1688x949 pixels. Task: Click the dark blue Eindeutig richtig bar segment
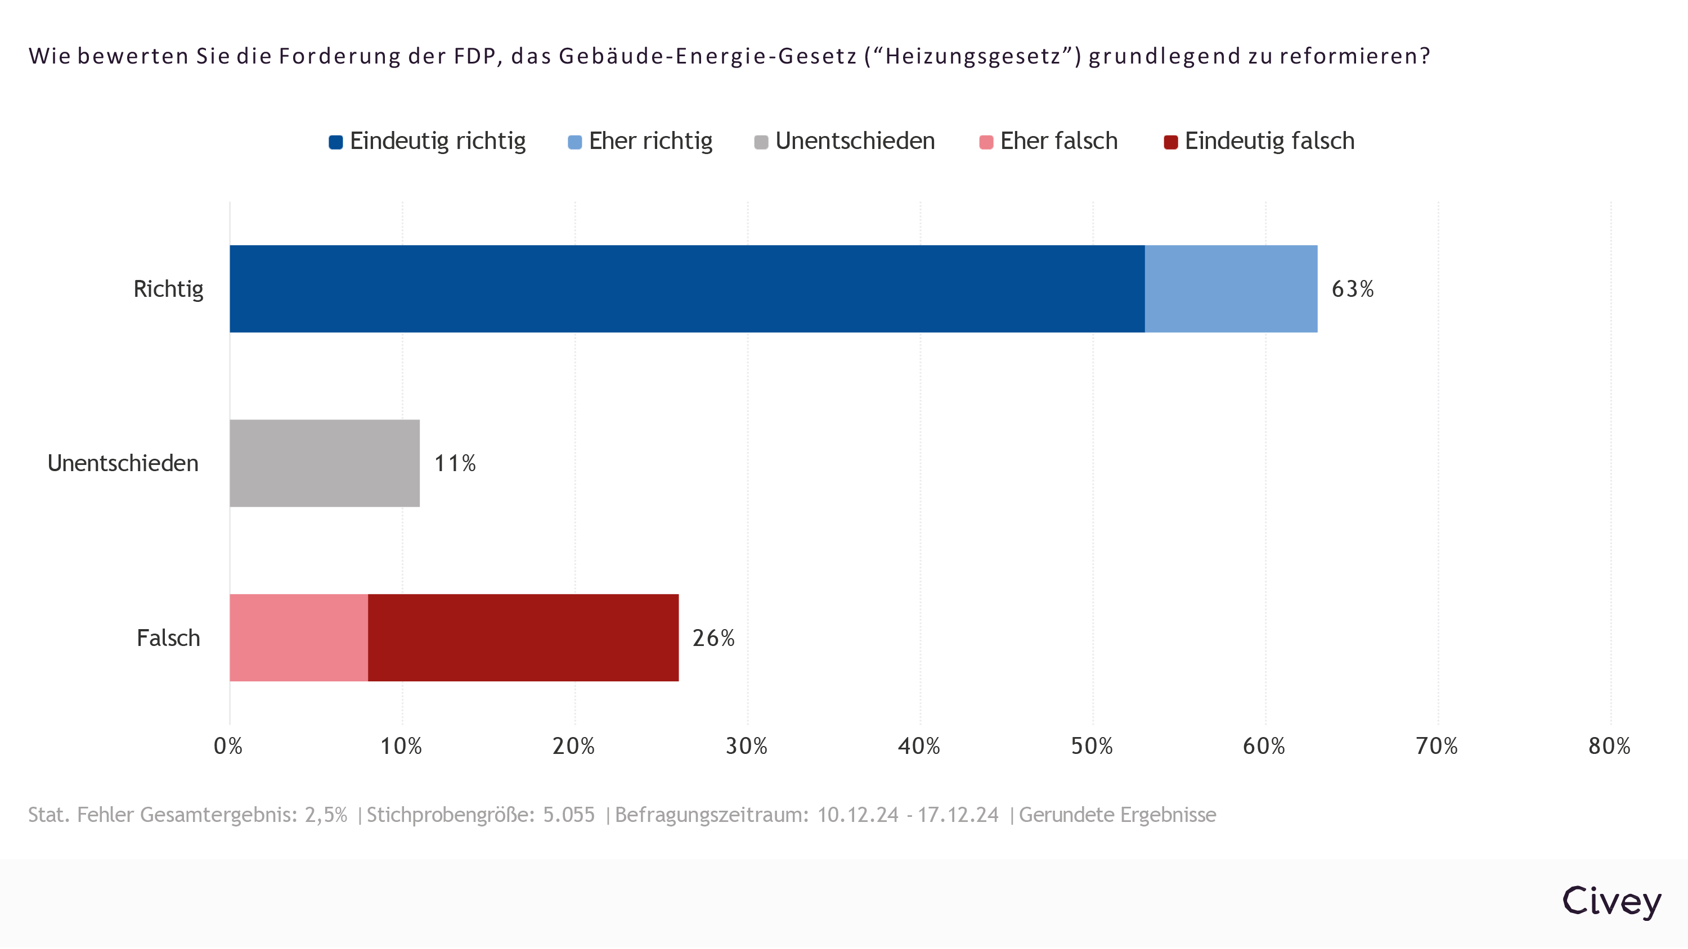click(686, 289)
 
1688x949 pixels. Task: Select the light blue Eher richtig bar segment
click(1231, 289)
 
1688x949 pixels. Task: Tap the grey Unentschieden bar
click(324, 463)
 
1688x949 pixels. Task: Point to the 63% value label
click(1352, 289)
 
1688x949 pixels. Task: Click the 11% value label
click(455, 463)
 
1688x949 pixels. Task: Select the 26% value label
click(713, 638)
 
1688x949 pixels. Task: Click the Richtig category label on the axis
click(168, 289)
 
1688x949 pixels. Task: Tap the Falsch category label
click(168, 638)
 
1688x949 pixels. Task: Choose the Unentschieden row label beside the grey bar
click(123, 463)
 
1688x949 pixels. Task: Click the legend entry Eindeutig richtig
click(437, 141)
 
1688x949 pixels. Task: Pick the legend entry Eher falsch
click(1058, 141)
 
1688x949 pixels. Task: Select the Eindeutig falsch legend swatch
click(1170, 142)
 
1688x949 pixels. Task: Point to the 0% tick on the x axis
click(228, 746)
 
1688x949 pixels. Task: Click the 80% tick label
click(1609, 746)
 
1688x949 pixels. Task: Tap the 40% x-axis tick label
click(919, 746)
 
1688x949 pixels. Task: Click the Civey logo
click(1611, 902)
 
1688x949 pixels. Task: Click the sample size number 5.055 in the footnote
click(569, 815)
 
